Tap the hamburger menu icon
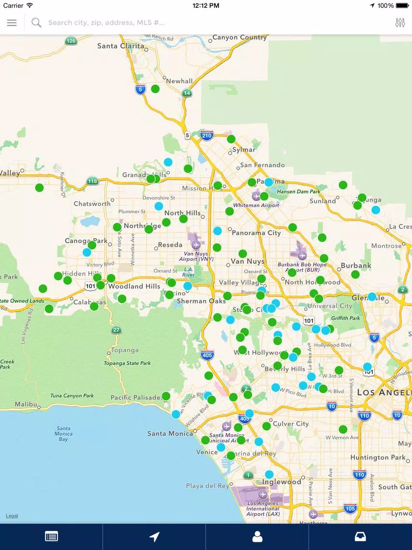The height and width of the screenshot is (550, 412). [x=12, y=23]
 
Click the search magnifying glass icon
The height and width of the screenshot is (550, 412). [x=36, y=23]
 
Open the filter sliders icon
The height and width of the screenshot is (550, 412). [x=400, y=23]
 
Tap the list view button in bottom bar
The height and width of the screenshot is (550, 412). [x=51, y=536]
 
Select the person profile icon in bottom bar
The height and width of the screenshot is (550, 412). [x=257, y=536]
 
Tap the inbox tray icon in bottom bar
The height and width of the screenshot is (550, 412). [x=360, y=536]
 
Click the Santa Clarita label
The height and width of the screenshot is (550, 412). [x=120, y=46]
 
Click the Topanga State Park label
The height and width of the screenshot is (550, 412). [x=127, y=363]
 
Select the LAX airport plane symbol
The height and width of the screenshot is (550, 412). [x=263, y=494]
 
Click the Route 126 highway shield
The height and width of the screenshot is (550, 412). [x=71, y=41]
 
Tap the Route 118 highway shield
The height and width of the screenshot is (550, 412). [x=92, y=181]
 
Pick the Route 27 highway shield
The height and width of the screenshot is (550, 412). [x=116, y=330]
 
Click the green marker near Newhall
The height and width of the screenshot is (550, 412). [x=155, y=89]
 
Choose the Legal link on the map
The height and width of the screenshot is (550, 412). [x=12, y=516]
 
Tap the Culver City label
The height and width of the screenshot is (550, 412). [x=291, y=424]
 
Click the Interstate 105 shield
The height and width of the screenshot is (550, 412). [x=350, y=508]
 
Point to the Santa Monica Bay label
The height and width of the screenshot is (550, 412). [x=63, y=434]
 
